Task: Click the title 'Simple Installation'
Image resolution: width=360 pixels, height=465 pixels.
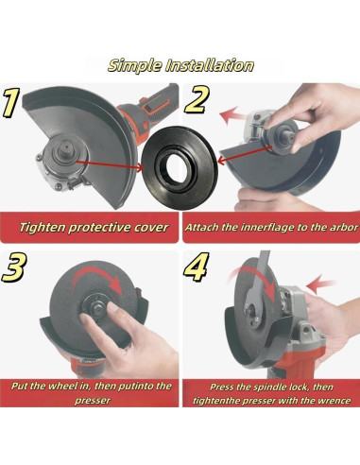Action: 180,66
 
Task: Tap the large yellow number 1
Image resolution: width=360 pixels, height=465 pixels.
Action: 13,103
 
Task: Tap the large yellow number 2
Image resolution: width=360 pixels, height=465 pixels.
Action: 197,100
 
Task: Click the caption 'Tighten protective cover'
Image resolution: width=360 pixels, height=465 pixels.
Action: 94,227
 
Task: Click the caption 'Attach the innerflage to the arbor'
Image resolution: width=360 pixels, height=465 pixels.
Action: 269,227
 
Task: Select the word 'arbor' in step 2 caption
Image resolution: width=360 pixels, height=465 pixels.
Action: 336,227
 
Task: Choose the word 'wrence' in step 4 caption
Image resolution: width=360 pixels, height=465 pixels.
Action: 333,401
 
